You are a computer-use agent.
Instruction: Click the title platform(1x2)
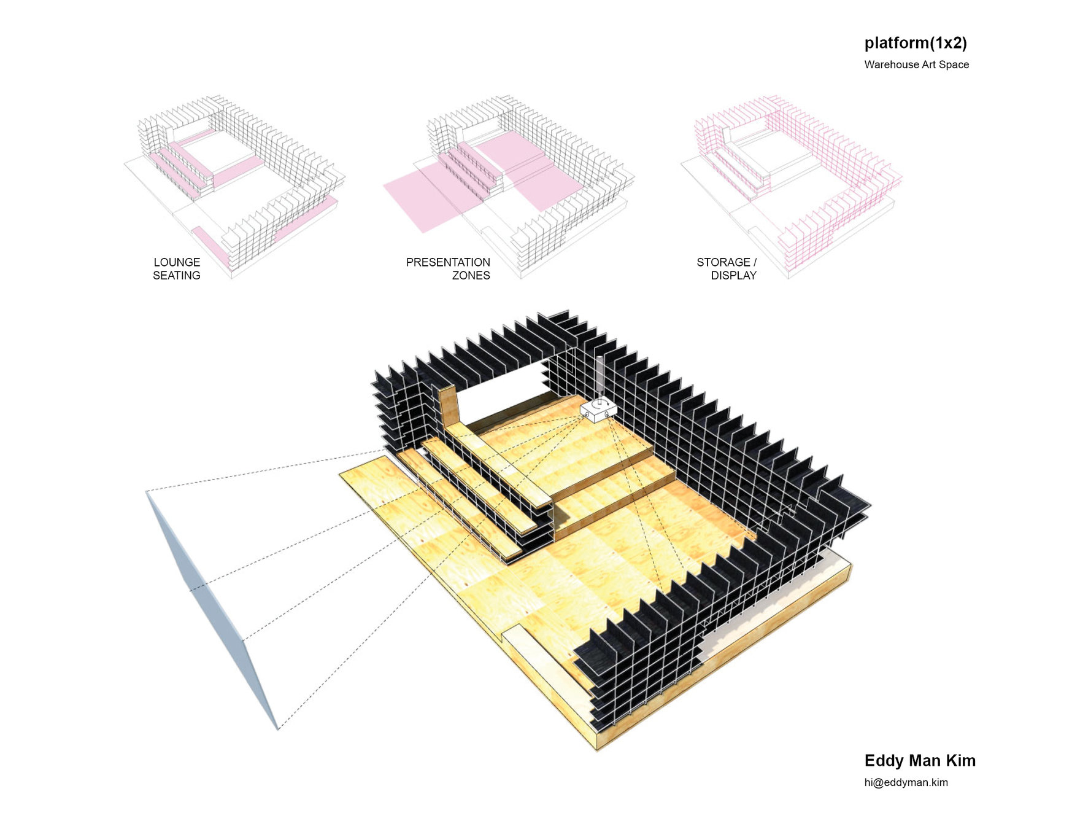[x=916, y=43]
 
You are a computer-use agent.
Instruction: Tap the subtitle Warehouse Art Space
[x=917, y=64]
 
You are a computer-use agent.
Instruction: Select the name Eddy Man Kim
[x=920, y=761]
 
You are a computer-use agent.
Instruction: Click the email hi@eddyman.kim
[x=906, y=782]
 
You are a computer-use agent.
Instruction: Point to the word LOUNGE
[x=177, y=262]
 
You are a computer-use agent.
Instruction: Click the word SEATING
[x=177, y=276]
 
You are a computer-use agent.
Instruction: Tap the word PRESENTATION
[x=448, y=262]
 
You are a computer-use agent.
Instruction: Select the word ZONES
[x=471, y=276]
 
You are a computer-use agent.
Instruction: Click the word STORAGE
[x=723, y=262]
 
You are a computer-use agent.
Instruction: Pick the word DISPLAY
[x=734, y=276]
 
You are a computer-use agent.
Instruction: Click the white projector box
[x=598, y=410]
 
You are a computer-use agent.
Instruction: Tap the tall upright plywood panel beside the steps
[x=450, y=405]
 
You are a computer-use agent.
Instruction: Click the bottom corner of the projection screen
[x=278, y=730]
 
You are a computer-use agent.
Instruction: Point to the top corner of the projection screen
[x=146, y=491]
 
